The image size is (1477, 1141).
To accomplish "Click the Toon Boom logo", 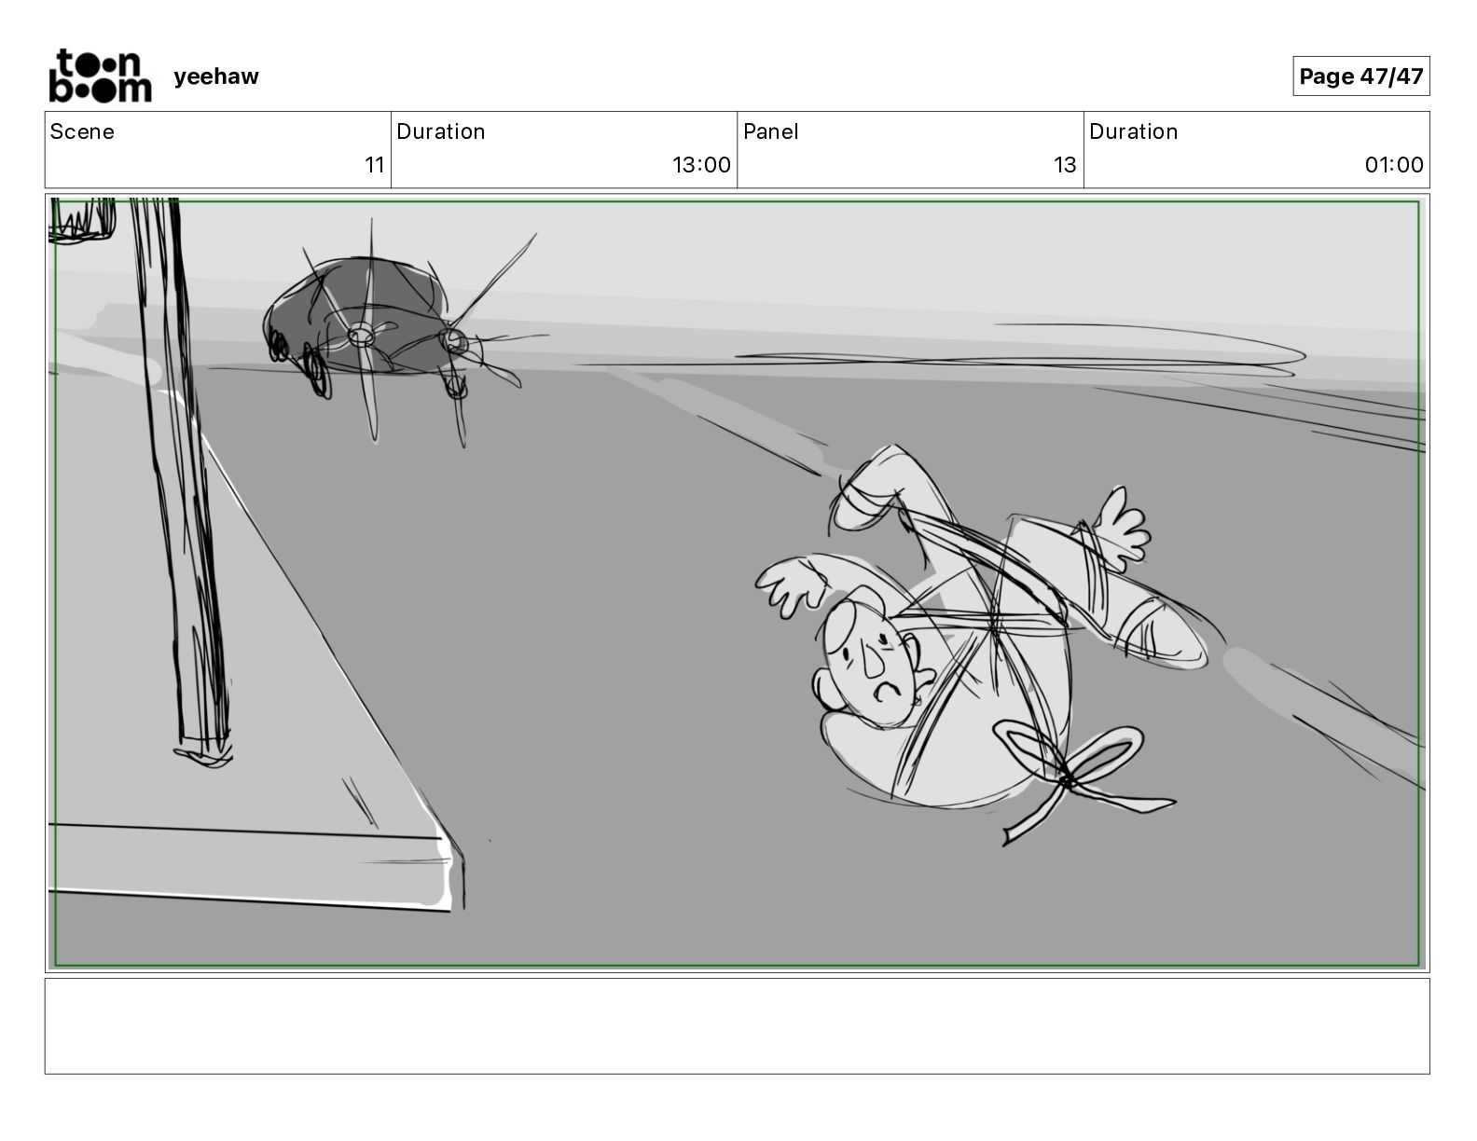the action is click(101, 76).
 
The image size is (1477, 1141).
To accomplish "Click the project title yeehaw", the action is click(216, 76).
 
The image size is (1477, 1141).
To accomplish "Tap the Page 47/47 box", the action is click(1360, 76).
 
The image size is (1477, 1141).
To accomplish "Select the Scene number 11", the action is click(375, 164).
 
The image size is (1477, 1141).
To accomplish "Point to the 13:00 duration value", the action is click(701, 164).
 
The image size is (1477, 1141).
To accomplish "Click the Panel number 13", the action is click(1065, 164).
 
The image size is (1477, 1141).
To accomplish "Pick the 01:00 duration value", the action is click(1394, 164).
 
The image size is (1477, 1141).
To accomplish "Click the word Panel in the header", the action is click(771, 131).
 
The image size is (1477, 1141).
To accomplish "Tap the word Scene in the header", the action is click(81, 131).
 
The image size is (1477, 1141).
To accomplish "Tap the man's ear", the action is click(826, 688).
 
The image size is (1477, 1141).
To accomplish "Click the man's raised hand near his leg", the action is click(1123, 528).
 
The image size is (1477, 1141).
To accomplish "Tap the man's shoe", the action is click(1163, 633).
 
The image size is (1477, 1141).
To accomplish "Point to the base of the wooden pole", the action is click(203, 753).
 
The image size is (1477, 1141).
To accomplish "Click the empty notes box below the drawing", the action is click(738, 1026).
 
